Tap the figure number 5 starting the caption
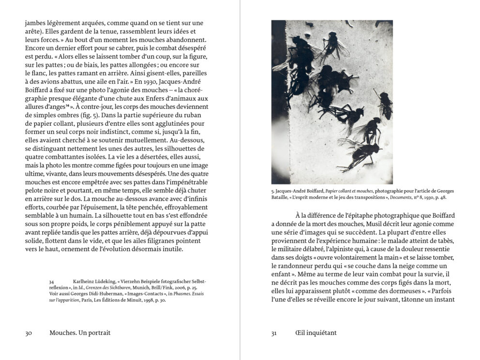(x=272, y=190)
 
